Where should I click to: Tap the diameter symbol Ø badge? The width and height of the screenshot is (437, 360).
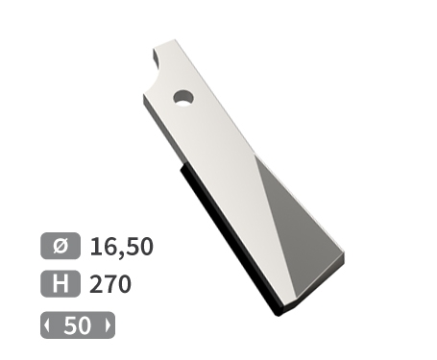point(61,245)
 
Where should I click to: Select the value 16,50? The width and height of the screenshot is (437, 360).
point(121,246)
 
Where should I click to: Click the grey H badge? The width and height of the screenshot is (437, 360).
point(61,284)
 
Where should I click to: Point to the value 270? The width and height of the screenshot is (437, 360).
point(109,285)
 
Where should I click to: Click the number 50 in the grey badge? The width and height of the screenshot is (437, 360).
point(77,325)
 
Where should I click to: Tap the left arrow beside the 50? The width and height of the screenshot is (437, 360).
point(46,325)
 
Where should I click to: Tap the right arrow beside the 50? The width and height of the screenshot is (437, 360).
point(108,325)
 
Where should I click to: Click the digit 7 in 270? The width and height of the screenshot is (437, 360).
point(109,285)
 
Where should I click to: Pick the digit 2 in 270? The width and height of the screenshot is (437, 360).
point(96,285)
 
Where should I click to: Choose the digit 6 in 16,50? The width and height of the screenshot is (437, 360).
point(109,246)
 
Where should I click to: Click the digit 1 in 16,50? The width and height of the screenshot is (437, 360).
point(95,246)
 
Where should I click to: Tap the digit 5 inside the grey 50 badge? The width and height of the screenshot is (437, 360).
point(70,325)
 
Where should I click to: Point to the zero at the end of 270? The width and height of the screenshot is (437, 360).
point(123,285)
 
